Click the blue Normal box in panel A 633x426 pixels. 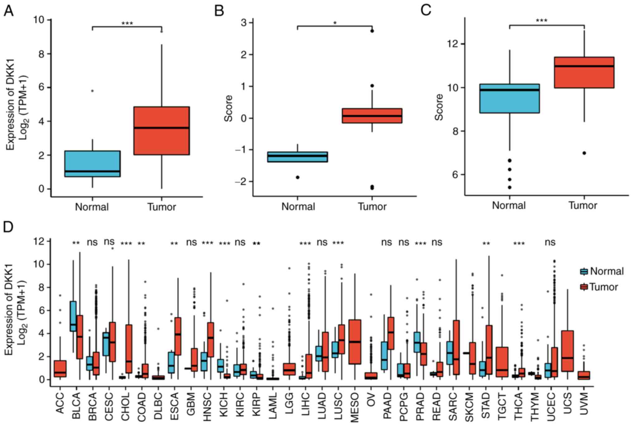(93, 164)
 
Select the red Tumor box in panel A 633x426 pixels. (162, 131)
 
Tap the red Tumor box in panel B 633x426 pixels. (372, 116)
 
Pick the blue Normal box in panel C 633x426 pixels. (510, 98)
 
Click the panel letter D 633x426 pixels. (8, 227)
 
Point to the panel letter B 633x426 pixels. (219, 11)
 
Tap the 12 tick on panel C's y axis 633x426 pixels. (453, 44)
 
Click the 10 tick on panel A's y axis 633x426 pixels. (40, 20)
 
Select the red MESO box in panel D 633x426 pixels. (355, 342)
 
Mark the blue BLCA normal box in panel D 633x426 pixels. (73, 316)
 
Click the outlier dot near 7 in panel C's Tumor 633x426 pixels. (584, 153)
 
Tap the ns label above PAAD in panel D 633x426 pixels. (387, 242)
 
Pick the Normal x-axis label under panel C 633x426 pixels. (509, 206)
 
